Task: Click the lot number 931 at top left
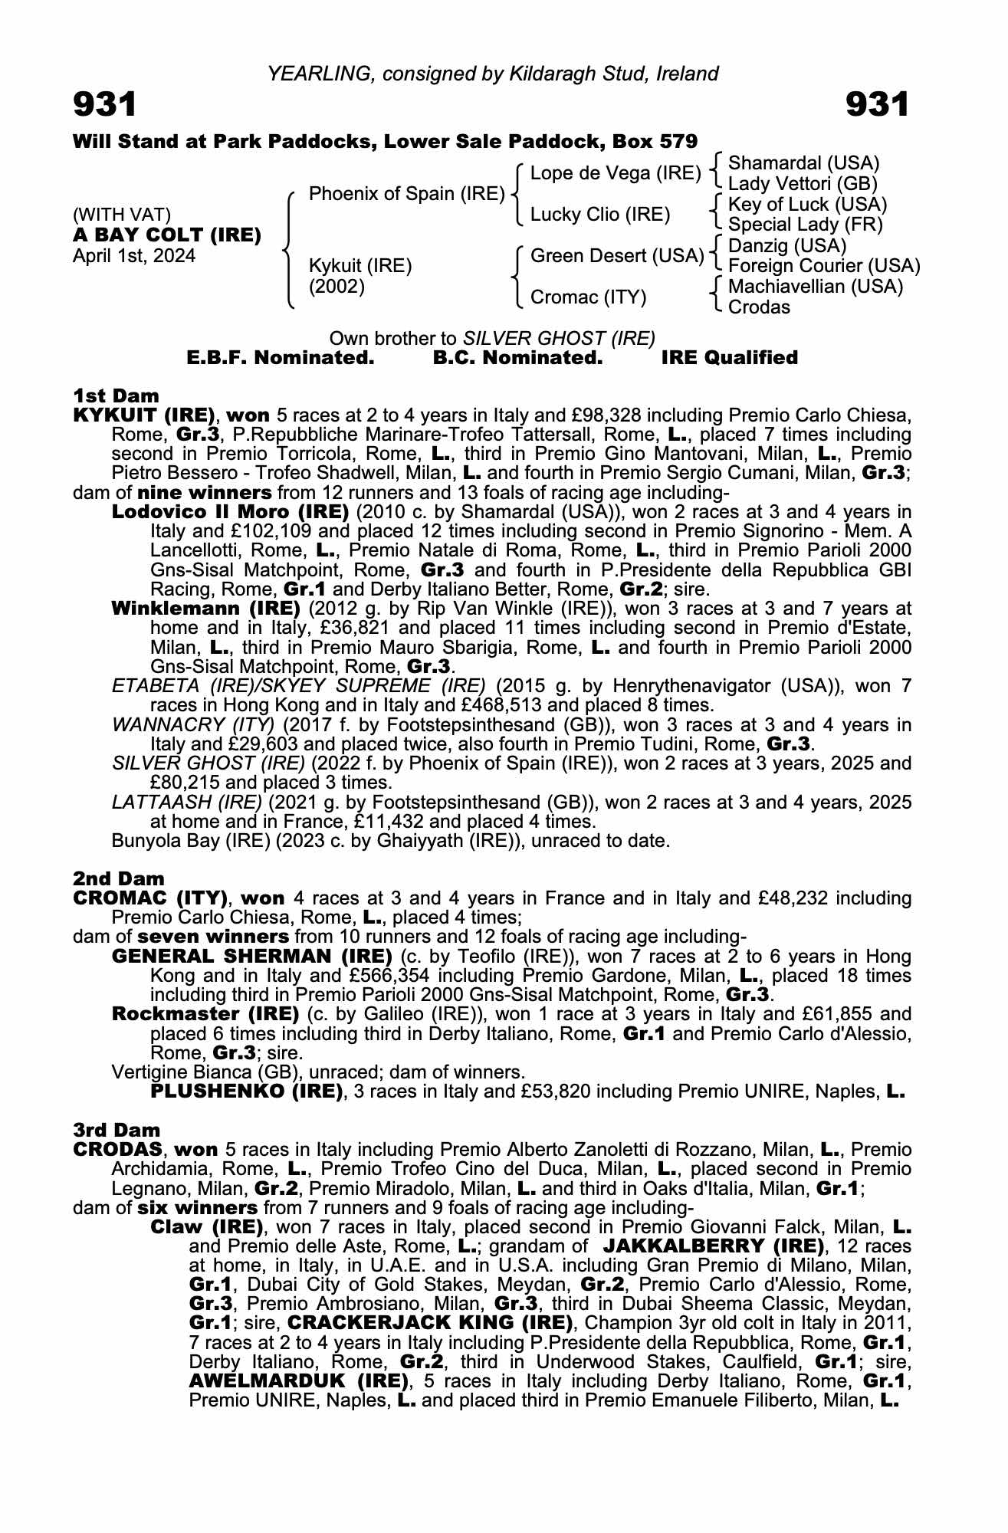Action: point(105,105)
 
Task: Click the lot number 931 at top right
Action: point(877,105)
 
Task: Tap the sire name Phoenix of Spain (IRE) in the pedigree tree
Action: point(406,194)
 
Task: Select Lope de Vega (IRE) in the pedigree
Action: point(616,173)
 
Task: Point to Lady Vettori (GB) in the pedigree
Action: point(803,184)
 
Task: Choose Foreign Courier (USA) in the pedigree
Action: point(824,266)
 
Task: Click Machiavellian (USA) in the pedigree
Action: point(816,287)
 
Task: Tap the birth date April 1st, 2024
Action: point(134,256)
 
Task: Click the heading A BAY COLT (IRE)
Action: point(167,235)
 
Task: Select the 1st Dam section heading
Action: point(116,396)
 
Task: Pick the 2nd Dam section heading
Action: point(118,878)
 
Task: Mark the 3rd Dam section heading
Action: point(117,1130)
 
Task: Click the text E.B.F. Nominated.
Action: point(281,358)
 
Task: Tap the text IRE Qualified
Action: point(729,358)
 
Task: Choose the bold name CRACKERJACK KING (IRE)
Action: point(430,1322)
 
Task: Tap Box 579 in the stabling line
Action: point(657,142)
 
